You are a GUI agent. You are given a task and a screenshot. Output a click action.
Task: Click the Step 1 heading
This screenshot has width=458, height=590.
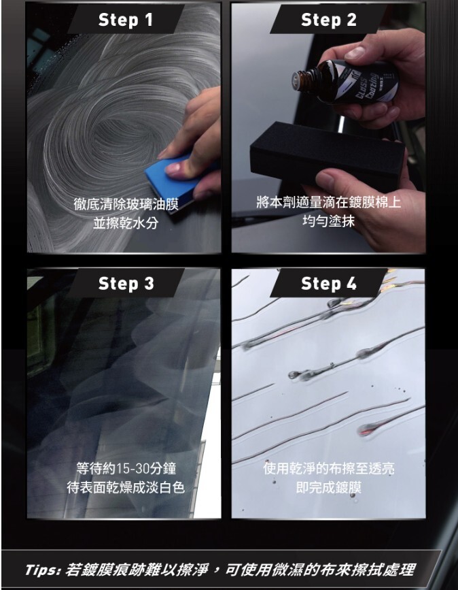pyautogui.click(x=126, y=20)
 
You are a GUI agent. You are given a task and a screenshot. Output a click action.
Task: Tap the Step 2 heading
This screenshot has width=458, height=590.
pyautogui.click(x=328, y=20)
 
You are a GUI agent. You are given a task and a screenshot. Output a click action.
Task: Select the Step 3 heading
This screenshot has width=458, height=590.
pyautogui.click(x=126, y=284)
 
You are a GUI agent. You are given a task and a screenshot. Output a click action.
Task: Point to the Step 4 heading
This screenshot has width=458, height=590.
pyautogui.click(x=328, y=284)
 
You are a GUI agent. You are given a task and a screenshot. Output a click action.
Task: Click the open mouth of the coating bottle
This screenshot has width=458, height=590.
pyautogui.click(x=297, y=80)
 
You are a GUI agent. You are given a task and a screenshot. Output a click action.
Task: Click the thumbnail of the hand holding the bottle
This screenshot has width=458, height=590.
pyautogui.click(x=355, y=52)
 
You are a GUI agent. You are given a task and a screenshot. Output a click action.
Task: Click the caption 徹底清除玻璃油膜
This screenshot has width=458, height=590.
pyautogui.click(x=126, y=204)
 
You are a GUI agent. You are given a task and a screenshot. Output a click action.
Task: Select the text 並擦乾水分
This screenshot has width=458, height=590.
pyautogui.click(x=126, y=223)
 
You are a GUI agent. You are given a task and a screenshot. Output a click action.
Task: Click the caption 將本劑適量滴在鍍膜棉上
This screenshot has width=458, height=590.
pyautogui.click(x=328, y=202)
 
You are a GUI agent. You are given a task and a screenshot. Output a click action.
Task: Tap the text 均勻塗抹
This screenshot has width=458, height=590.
pyautogui.click(x=328, y=221)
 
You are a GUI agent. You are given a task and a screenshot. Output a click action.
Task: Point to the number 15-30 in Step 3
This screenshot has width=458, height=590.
pyautogui.click(x=133, y=469)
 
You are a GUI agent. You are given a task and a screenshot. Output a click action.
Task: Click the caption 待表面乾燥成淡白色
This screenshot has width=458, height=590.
pyautogui.click(x=126, y=488)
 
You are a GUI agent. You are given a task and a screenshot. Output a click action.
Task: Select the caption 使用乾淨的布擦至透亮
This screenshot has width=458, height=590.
pyautogui.click(x=328, y=469)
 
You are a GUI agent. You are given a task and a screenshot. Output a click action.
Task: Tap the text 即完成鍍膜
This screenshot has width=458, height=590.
pyautogui.click(x=328, y=488)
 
